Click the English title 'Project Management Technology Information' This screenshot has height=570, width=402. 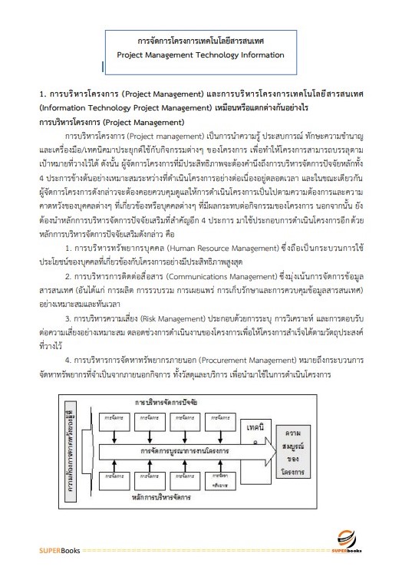pos(201,55)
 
